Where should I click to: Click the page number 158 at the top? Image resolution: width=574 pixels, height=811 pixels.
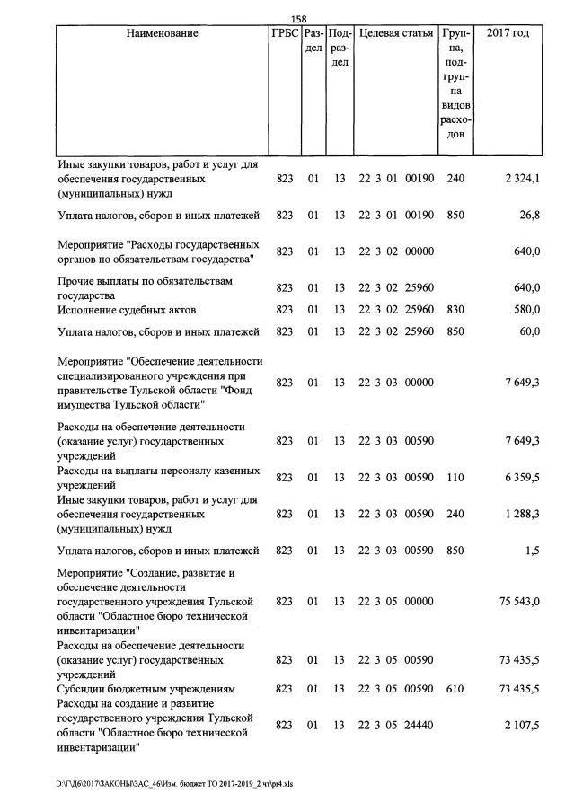point(300,16)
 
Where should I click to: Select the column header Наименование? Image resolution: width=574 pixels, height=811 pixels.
point(162,33)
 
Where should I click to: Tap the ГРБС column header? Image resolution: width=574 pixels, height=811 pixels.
point(284,33)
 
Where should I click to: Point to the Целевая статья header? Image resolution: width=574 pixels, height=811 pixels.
point(395,33)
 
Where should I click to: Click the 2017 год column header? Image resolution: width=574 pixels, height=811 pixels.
point(508,33)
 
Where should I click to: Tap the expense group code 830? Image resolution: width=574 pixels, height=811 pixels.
point(455,310)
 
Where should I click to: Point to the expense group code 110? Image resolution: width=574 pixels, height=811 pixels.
point(455,478)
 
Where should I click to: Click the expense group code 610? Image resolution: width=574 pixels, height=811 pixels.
point(455,689)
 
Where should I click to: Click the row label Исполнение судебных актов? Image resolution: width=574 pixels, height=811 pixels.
point(127,310)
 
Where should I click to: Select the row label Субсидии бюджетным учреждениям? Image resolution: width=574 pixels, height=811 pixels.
point(146,689)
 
